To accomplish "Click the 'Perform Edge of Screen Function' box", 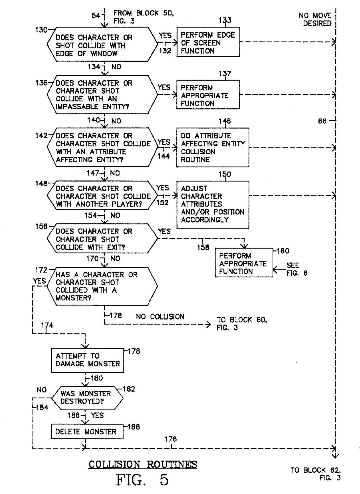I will pyautogui.click(x=208, y=42).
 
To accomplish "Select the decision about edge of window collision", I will pyautogui.click(x=102, y=45).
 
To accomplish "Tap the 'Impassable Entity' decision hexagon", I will pyautogui.click(x=102, y=95).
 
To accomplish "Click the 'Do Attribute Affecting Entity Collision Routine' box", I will pyautogui.click(x=212, y=148).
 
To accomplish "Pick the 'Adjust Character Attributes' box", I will pyautogui.click(x=212, y=204).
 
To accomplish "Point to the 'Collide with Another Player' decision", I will pyautogui.click(x=102, y=196).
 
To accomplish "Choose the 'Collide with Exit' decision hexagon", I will pyautogui.click(x=102, y=239).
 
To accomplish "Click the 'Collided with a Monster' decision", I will pyautogui.click(x=102, y=286).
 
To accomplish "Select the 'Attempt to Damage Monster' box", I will pyautogui.click(x=87, y=360).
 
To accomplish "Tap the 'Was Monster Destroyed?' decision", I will pyautogui.click(x=87, y=398).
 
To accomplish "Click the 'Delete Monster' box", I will pyautogui.click(x=87, y=432).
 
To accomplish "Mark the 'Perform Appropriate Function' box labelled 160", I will pyautogui.click(x=244, y=263).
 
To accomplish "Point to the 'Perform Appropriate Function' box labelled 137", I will pyautogui.click(x=208, y=95).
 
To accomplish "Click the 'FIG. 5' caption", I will pyautogui.click(x=142, y=480).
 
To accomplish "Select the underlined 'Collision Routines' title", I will pyautogui.click(x=143, y=464).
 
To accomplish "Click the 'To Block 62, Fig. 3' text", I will pyautogui.click(x=316, y=474).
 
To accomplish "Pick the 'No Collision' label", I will pyautogui.click(x=160, y=316).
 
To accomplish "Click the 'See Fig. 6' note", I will pyautogui.click(x=296, y=269).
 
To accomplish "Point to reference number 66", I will pyautogui.click(x=322, y=121).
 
